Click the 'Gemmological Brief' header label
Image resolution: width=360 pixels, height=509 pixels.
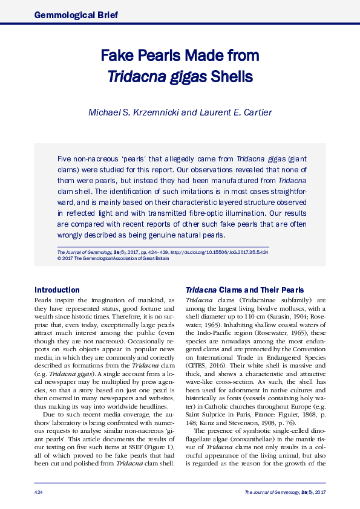(76, 14)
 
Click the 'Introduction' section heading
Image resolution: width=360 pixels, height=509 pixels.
(57, 290)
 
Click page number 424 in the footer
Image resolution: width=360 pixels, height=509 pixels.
(39, 493)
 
